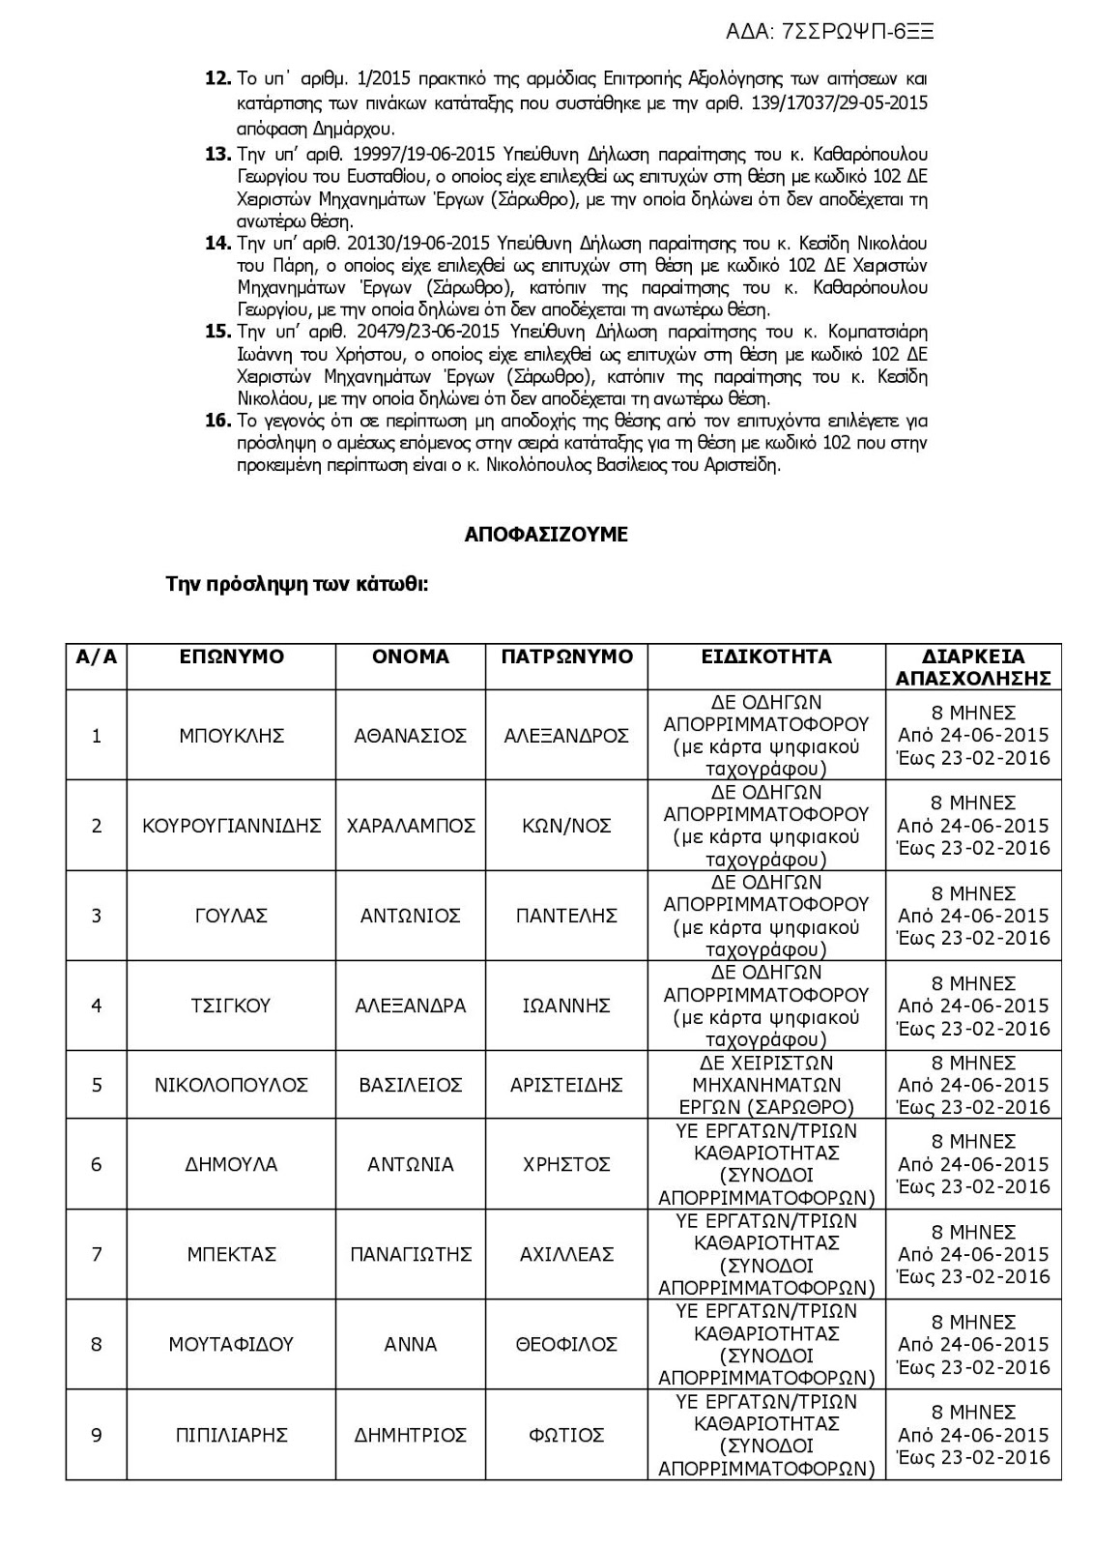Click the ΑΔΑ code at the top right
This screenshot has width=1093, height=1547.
(x=829, y=32)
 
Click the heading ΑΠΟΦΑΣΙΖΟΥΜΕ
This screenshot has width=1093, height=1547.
(x=546, y=535)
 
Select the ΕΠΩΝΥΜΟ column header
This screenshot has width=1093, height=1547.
(x=232, y=657)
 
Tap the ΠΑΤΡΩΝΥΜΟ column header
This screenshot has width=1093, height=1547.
(x=566, y=657)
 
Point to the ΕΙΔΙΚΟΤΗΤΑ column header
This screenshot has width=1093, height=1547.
(x=766, y=657)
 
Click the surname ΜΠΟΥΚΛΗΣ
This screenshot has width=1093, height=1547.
(x=232, y=736)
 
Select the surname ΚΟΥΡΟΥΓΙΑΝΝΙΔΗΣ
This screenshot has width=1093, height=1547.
(x=232, y=826)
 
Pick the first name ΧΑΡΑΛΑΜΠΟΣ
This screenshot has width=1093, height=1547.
(x=411, y=826)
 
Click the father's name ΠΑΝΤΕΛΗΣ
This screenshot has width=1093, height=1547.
(x=566, y=916)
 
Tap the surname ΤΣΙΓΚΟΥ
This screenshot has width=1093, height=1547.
(x=232, y=1006)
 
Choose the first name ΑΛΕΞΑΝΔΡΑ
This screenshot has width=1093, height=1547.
(x=411, y=1006)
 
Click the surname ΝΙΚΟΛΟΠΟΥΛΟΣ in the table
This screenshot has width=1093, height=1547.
(x=232, y=1085)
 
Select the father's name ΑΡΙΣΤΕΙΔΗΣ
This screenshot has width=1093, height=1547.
(x=566, y=1085)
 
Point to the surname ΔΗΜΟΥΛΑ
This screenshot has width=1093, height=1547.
(x=232, y=1164)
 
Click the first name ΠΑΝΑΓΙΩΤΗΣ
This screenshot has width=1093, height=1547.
(x=411, y=1255)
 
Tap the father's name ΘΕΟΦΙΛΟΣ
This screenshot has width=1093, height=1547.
(x=566, y=1345)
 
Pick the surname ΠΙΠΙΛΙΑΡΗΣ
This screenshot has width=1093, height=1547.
(x=232, y=1435)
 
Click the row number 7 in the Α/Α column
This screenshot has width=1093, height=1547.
(x=97, y=1255)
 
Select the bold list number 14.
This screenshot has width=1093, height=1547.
(x=217, y=244)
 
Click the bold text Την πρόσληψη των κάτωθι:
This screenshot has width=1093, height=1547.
(x=298, y=585)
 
